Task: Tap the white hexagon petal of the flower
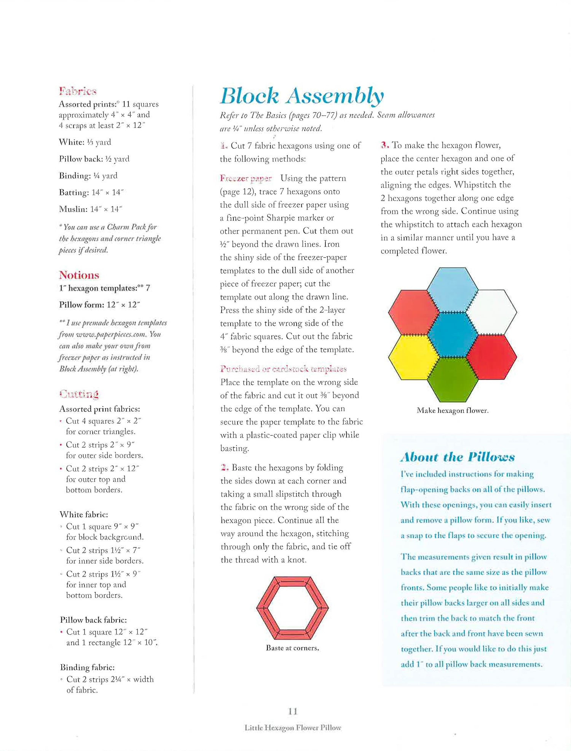coord(491,312)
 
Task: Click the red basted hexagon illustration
coord(292,607)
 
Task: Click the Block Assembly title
coord(302,96)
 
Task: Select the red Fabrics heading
coord(78,91)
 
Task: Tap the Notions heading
coord(79,275)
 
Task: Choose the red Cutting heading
coord(79,394)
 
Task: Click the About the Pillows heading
coord(457,457)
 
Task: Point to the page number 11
coord(292,711)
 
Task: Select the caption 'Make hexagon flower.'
coord(452,410)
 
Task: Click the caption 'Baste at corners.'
coord(292,648)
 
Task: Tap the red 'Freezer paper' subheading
coord(246,178)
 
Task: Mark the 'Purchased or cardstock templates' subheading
coord(283,369)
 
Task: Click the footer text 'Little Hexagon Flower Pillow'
coord(292,728)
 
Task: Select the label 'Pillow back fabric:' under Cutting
coord(93,620)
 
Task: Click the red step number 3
coord(385,145)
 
